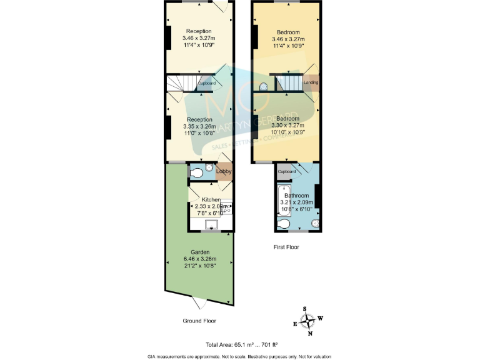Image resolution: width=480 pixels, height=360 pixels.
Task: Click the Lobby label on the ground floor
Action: (x=224, y=171)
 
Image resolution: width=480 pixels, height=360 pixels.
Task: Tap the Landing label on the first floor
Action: (x=311, y=82)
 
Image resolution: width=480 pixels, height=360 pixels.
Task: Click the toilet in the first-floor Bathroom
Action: (x=284, y=224)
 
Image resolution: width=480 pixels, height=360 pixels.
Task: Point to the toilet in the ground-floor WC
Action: (x=196, y=172)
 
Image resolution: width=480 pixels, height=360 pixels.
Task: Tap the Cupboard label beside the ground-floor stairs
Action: (x=207, y=83)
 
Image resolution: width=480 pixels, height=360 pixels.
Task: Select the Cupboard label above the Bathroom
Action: (x=286, y=172)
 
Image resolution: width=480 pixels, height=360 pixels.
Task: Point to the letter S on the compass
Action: (x=305, y=309)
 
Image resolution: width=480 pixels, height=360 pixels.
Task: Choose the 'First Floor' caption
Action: (x=286, y=247)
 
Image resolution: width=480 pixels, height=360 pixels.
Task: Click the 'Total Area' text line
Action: (x=241, y=344)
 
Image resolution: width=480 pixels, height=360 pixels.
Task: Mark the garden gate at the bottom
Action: (x=200, y=304)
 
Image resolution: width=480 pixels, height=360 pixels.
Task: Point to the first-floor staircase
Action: (x=288, y=82)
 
